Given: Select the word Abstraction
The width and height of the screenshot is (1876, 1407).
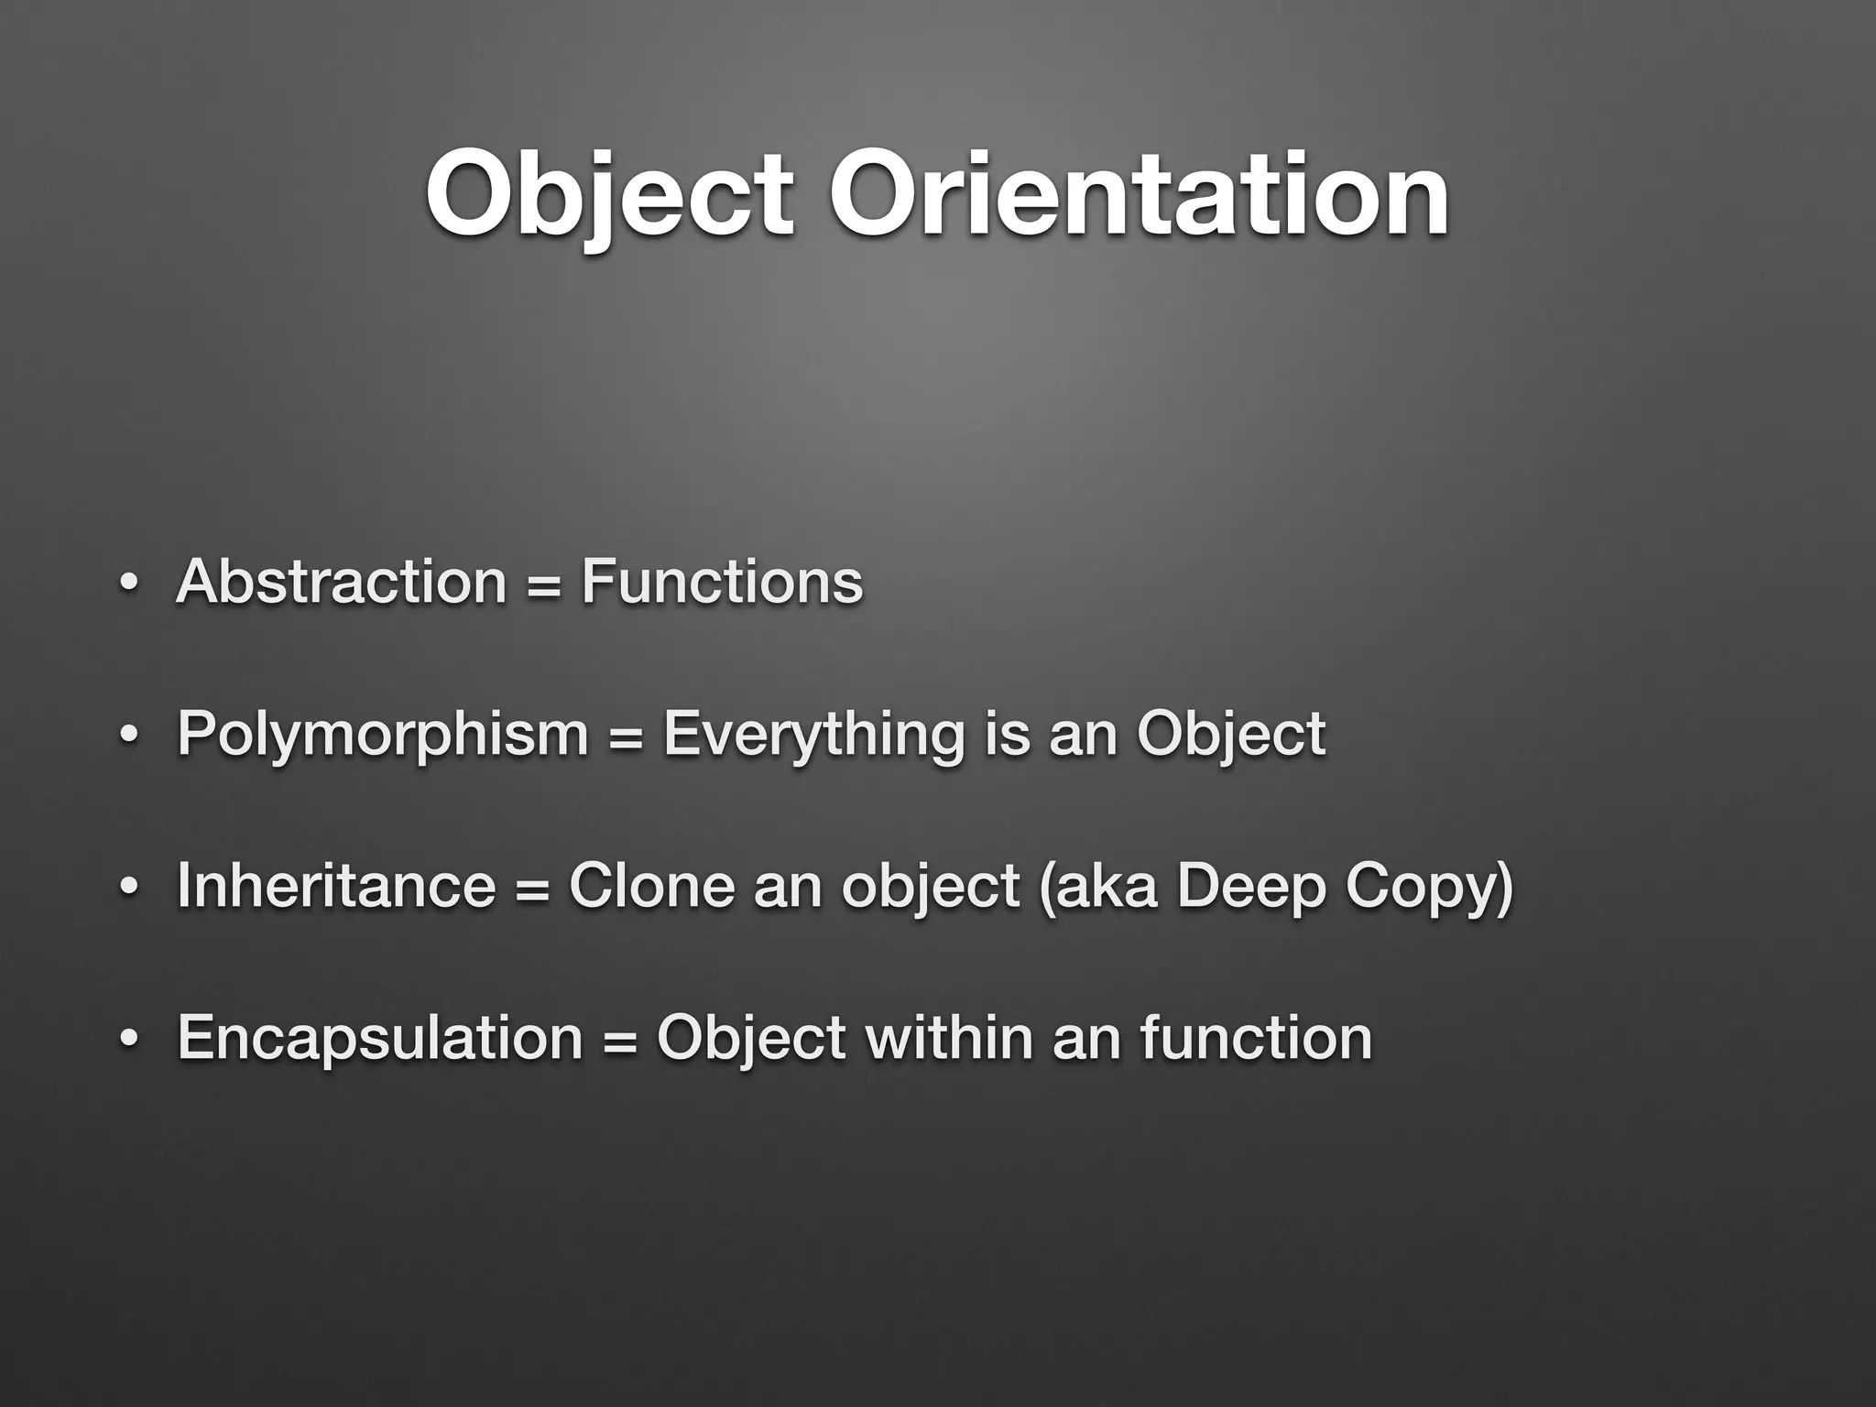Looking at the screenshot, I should [x=341, y=582].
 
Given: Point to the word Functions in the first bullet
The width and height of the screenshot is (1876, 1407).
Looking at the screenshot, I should [x=722, y=582].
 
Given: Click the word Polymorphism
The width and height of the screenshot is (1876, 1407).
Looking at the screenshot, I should [x=383, y=735].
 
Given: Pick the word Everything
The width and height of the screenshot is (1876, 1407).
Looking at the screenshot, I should [x=813, y=735].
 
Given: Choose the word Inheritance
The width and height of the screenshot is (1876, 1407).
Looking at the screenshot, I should [x=336, y=886].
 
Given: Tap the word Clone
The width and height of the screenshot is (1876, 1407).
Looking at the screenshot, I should [x=651, y=886].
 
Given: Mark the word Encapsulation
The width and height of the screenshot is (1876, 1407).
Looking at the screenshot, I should [x=380, y=1038].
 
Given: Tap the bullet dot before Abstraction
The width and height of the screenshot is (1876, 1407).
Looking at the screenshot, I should [x=129, y=584].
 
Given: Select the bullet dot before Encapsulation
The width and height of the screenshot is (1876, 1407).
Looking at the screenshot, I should [x=129, y=1040].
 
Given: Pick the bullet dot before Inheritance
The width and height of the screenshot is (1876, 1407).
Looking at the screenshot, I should [x=129, y=888].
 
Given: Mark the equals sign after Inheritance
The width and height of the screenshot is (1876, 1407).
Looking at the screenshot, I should [x=532, y=888].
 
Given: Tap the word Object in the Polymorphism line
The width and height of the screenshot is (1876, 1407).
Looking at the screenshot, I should [x=1231, y=735].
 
